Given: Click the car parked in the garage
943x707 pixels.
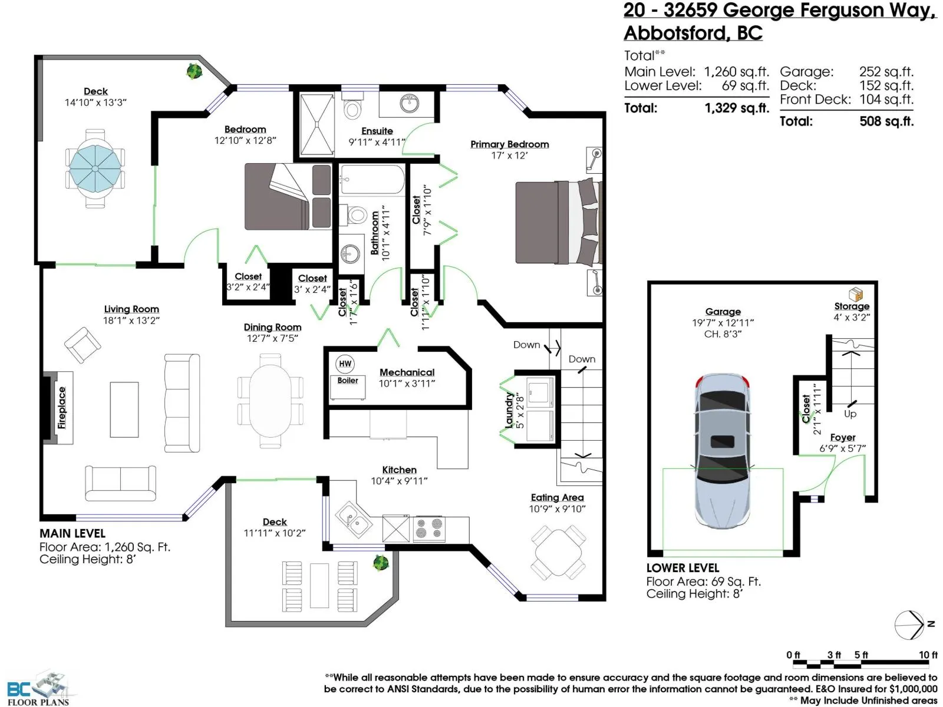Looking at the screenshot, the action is click(722, 451).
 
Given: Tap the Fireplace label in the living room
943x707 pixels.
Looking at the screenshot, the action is click(62, 407).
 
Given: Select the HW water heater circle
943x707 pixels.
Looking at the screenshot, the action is click(345, 364).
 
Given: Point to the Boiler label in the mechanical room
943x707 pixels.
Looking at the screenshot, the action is click(348, 381).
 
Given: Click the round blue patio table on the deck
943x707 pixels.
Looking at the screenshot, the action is click(94, 168).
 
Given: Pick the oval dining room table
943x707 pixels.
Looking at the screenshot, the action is click(270, 401).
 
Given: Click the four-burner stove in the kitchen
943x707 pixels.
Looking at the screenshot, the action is click(429, 528).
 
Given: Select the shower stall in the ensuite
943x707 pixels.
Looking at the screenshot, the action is click(316, 124).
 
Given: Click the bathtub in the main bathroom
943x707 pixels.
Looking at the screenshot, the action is click(372, 180).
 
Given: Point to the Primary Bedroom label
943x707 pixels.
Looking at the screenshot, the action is click(510, 144).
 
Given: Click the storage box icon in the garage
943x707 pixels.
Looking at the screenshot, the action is click(855, 294).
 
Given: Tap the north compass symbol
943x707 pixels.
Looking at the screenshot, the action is click(909, 625).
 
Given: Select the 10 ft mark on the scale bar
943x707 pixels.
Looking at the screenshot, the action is click(928, 655).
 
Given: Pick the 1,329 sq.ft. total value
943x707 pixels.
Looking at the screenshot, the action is click(737, 108).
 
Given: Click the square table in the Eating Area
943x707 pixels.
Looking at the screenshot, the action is click(558, 552).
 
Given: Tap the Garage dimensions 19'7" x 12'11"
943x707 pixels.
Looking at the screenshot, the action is click(723, 323).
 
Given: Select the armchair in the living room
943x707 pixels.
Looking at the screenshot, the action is click(83, 345).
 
